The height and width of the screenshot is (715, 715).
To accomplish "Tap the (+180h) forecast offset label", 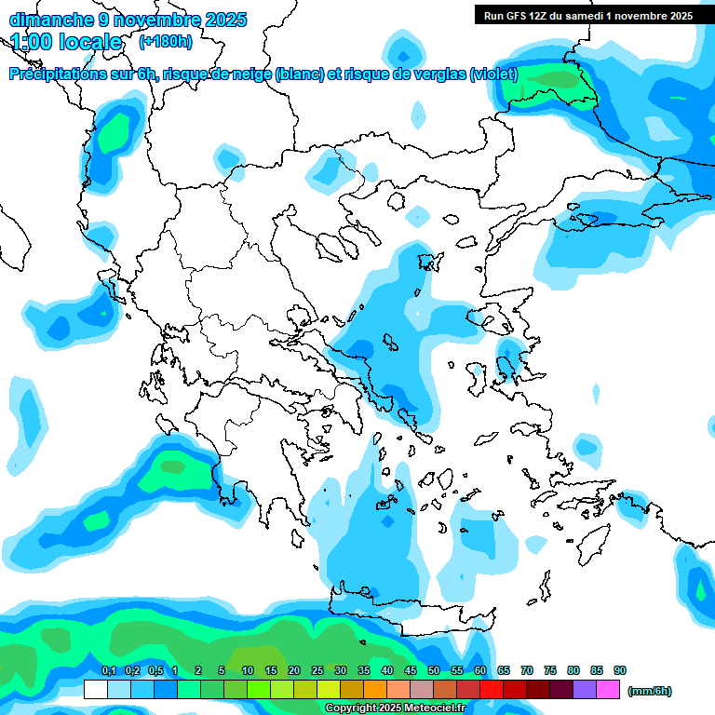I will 166,42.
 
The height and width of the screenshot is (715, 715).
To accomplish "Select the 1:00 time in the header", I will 32,42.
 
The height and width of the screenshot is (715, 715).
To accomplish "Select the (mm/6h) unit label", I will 650,691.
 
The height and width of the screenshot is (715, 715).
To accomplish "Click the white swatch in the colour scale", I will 95,690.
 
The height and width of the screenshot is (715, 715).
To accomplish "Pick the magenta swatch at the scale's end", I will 608,690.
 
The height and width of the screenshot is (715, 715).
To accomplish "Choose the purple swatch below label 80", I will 585,690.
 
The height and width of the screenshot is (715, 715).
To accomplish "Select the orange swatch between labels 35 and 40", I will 375,690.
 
